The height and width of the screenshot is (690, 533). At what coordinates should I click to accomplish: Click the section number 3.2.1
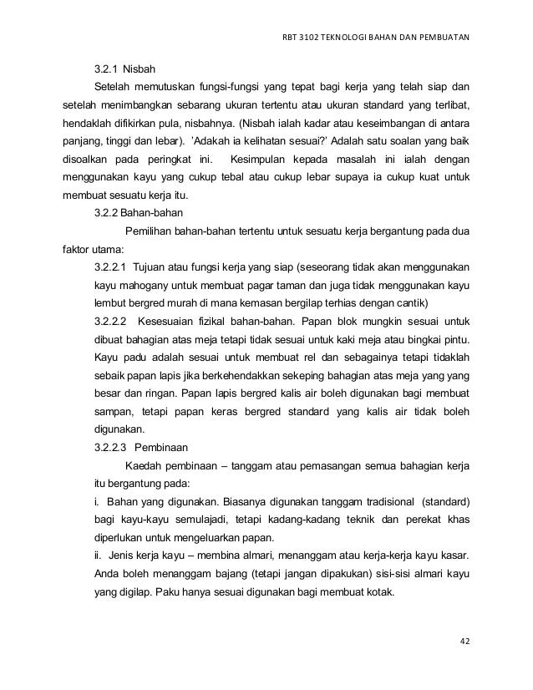105,67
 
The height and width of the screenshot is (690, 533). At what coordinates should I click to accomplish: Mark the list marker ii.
98,556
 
